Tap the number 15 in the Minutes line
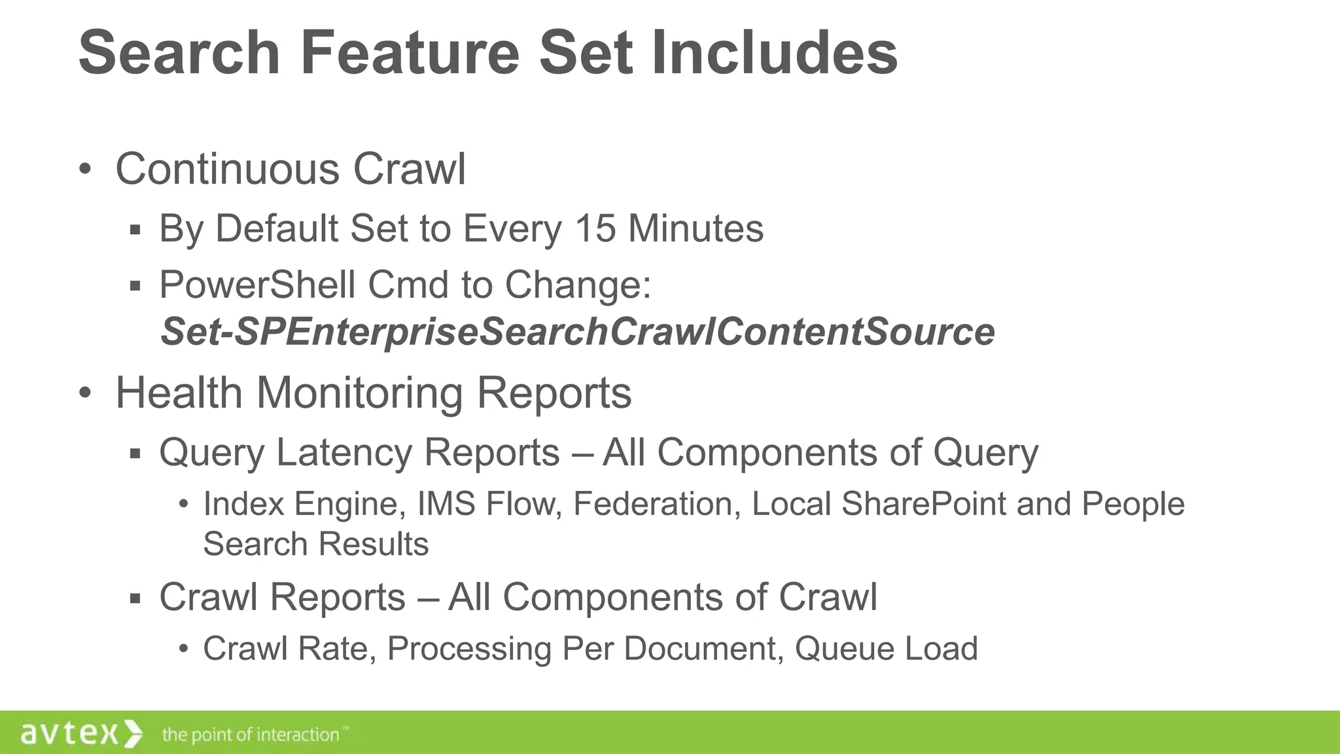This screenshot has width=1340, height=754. click(x=595, y=228)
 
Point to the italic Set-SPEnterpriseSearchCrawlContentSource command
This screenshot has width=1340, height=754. click(x=577, y=331)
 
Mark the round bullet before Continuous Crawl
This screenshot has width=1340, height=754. click(x=84, y=170)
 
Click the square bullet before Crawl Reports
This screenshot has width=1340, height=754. click(x=135, y=598)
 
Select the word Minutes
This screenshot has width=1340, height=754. click(x=696, y=228)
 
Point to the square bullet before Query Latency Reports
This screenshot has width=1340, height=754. click(x=135, y=454)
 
